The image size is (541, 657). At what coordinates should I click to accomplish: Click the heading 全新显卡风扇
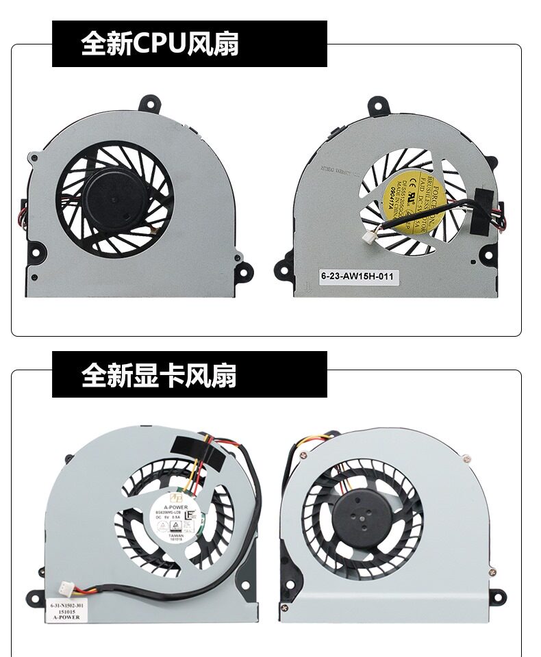159,375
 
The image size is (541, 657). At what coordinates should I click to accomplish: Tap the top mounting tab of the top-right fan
379,105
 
